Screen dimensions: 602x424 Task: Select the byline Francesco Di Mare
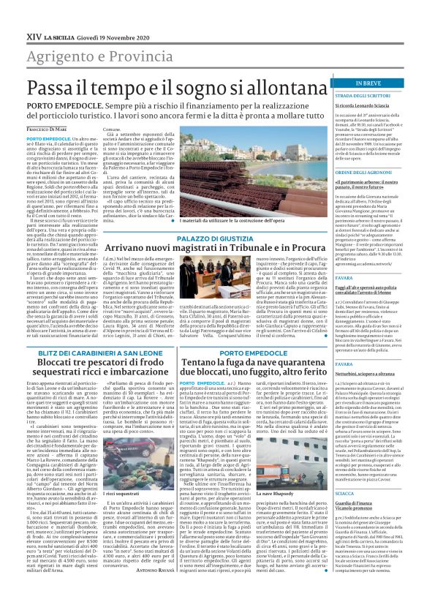coord(52,129)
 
